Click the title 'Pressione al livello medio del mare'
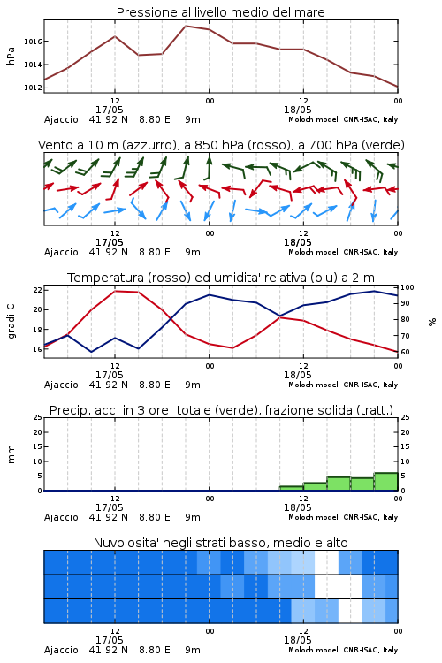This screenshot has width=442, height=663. point(220,12)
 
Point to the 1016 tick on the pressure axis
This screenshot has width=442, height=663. point(33,42)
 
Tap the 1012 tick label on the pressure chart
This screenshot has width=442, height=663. point(33,88)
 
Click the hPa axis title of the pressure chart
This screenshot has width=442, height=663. point(11,56)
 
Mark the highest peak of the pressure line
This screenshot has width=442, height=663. point(186,26)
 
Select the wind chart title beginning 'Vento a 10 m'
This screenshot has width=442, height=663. point(221,145)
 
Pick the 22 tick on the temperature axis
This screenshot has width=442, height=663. point(38,290)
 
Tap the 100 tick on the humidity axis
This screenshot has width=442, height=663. point(408,287)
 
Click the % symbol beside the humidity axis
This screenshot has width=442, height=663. point(432,322)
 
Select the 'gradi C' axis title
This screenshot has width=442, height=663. point(11,322)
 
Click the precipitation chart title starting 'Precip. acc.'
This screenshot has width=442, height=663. point(221,410)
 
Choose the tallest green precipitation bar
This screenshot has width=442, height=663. point(385,482)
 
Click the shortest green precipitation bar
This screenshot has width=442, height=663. point(292,488)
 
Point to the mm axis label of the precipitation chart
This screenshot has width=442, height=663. point(11,454)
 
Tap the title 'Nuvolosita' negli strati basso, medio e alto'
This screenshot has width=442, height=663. point(220,543)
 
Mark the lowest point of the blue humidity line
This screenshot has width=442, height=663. point(91,352)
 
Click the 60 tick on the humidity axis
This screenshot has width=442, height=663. point(405,352)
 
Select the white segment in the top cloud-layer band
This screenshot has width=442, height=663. point(326,562)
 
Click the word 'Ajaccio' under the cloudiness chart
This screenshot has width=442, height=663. point(61,650)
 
